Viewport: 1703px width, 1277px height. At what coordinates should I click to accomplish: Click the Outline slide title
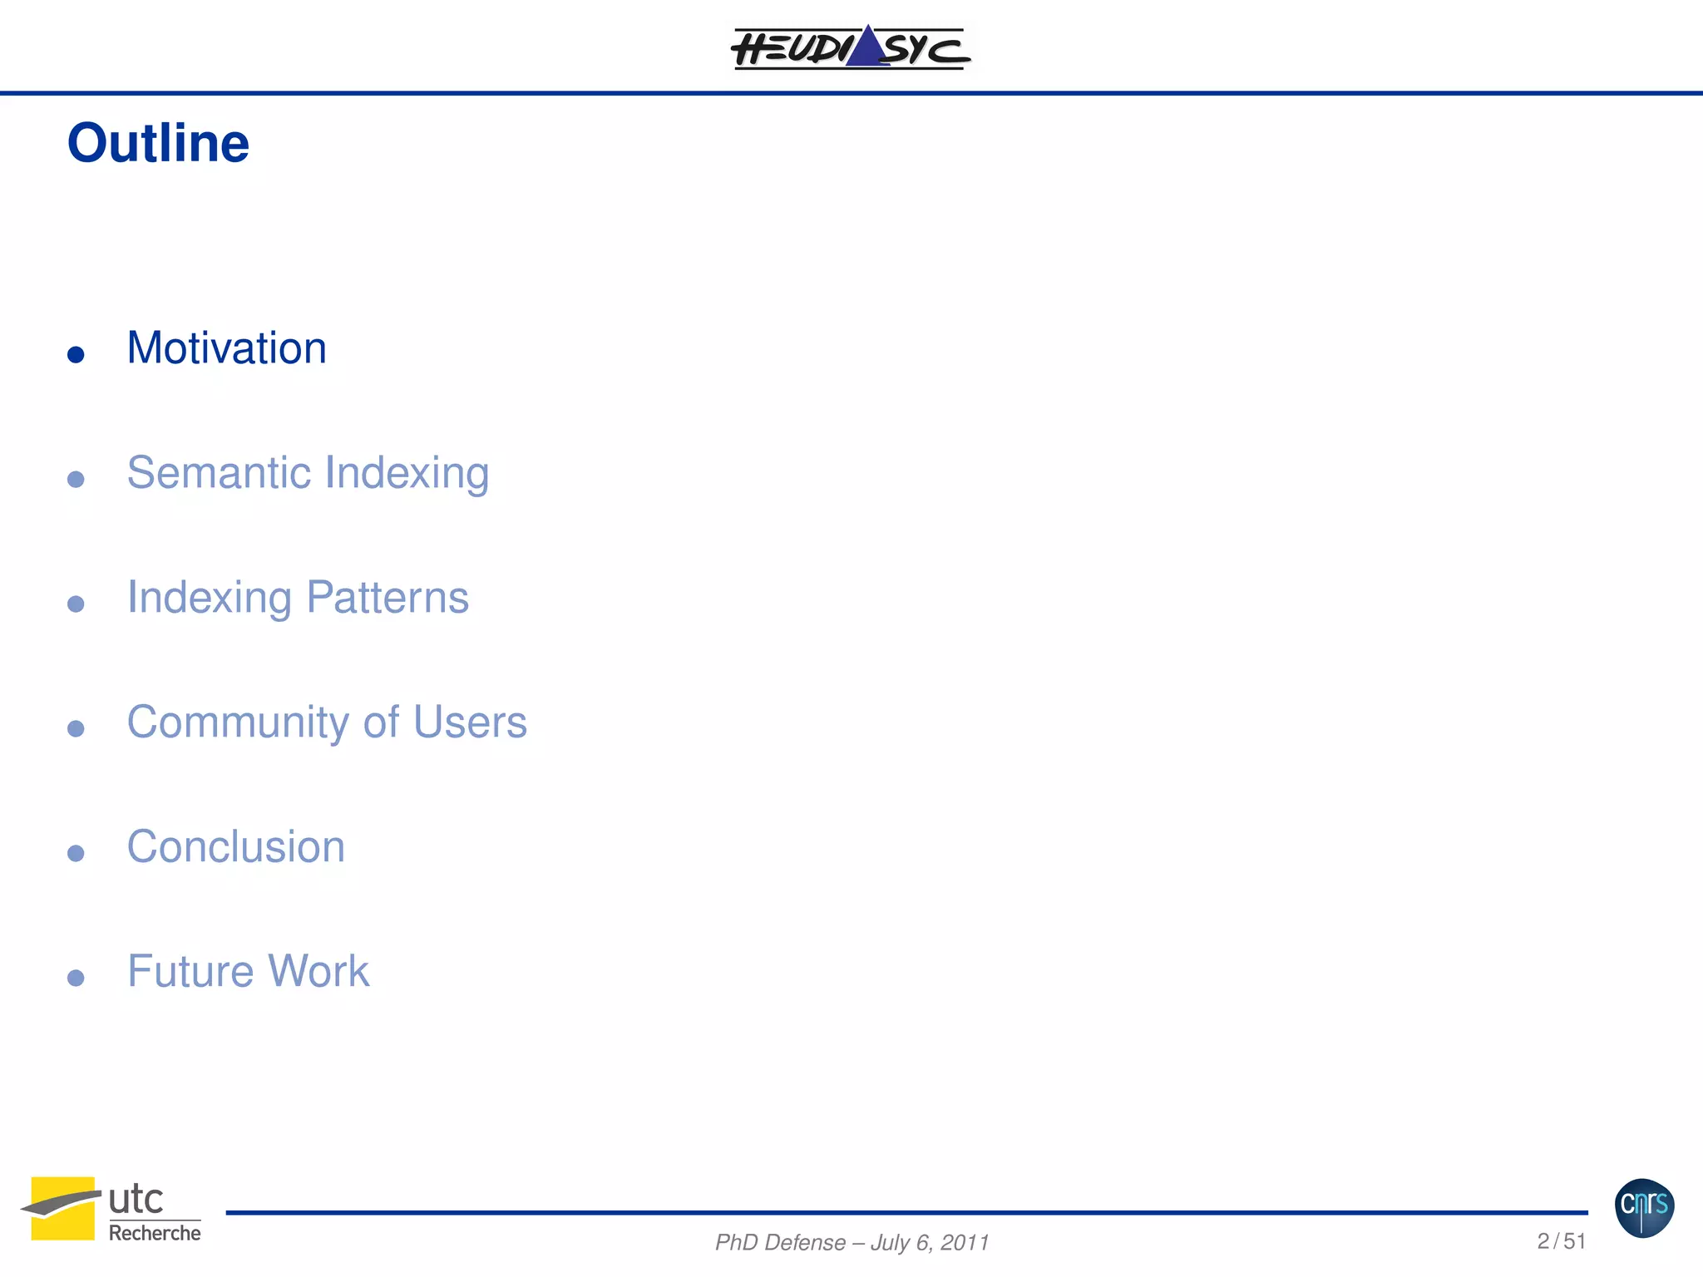[x=158, y=143]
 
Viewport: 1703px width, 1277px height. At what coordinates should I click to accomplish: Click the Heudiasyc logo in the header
[x=850, y=47]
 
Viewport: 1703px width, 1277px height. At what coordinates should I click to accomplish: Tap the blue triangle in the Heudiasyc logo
[x=867, y=47]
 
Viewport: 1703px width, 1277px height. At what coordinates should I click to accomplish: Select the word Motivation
[x=226, y=348]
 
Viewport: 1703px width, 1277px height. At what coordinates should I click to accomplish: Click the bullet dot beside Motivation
[x=76, y=355]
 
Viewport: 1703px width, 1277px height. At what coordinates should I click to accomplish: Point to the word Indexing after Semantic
[x=407, y=474]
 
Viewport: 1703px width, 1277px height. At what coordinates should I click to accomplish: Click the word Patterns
[x=387, y=597]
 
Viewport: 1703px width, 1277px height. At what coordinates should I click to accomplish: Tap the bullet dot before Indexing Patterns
[x=76, y=604]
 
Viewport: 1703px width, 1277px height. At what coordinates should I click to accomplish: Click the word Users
[x=470, y=722]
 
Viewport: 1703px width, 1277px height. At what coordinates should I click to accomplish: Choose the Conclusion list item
[x=235, y=846]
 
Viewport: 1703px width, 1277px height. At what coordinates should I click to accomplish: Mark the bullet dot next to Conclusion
[x=76, y=854]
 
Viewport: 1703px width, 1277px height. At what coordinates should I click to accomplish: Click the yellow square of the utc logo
[x=63, y=1208]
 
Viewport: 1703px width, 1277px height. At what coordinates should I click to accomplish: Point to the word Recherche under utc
[x=155, y=1233]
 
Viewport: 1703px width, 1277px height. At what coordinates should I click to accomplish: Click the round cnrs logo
[x=1644, y=1207]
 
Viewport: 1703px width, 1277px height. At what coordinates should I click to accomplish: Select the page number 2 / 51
[x=1561, y=1241]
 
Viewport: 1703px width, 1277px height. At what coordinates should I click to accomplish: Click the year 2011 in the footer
[x=965, y=1243]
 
